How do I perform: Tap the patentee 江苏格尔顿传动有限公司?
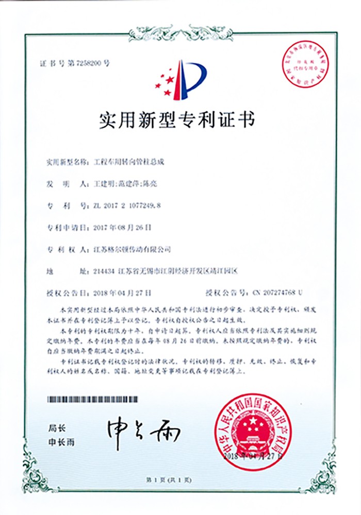pos(130,249)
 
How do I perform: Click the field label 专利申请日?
pos(62,227)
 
